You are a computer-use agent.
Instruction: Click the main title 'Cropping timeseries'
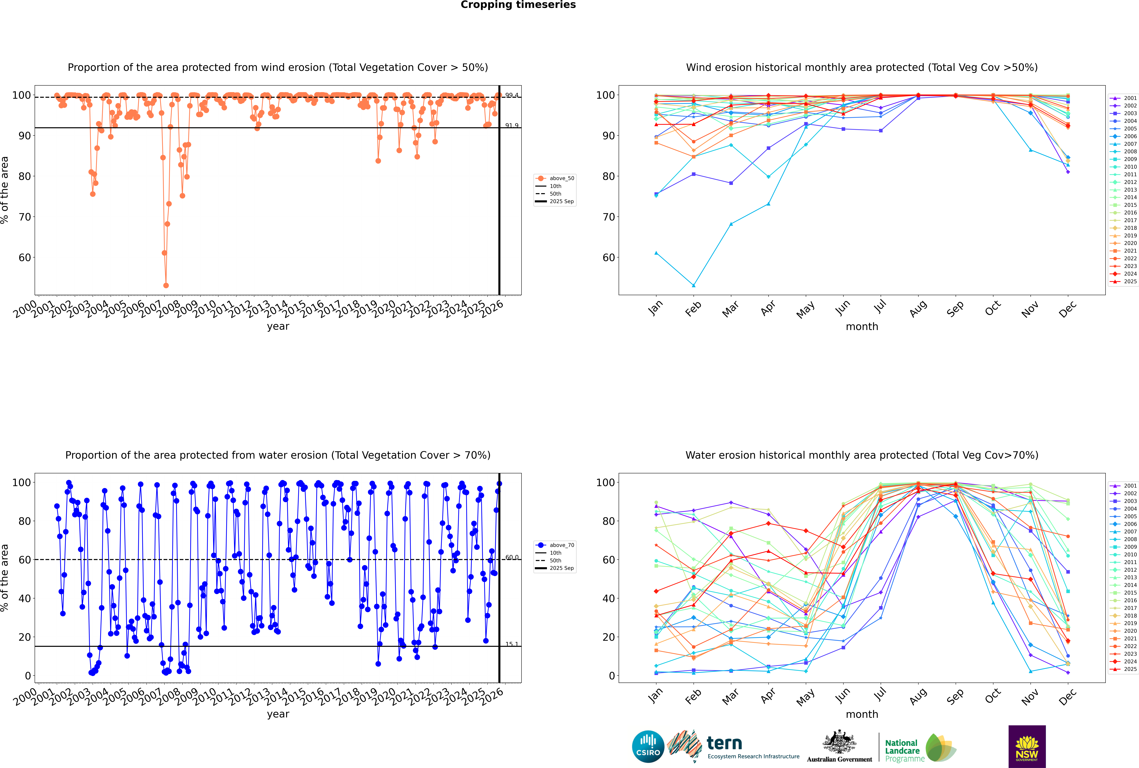(518, 5)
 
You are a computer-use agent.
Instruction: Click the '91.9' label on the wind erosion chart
(512, 126)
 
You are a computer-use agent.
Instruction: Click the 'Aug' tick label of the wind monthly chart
(918, 309)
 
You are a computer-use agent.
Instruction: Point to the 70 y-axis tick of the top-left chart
(24, 217)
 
